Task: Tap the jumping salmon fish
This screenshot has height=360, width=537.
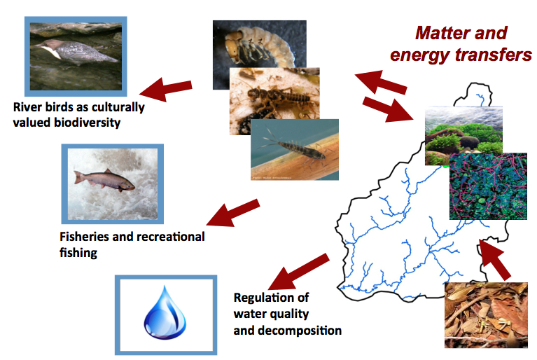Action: [x=104, y=180]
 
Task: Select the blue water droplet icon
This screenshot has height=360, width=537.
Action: [x=165, y=312]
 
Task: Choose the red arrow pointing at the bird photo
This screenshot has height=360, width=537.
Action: [x=166, y=90]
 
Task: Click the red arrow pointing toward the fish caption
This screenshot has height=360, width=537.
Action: [x=233, y=213]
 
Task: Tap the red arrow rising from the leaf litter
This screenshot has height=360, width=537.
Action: [x=494, y=260]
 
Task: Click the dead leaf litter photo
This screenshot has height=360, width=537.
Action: [x=486, y=315]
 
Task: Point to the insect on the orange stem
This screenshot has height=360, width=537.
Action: [x=295, y=149]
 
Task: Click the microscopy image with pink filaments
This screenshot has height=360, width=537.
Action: [x=488, y=186]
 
